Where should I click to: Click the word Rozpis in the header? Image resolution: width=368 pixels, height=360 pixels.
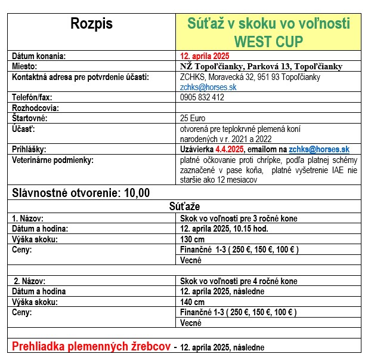tap(91, 24)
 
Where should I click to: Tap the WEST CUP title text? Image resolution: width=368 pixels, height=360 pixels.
tap(269, 42)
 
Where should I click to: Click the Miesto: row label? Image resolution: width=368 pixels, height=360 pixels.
tap(26, 66)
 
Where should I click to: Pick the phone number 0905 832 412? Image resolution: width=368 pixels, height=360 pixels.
tap(202, 97)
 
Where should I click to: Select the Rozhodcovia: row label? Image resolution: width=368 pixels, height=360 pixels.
tap(36, 108)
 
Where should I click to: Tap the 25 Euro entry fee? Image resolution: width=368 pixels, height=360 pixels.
tap(192, 118)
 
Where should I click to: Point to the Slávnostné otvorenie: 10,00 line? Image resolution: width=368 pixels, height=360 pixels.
tap(81, 192)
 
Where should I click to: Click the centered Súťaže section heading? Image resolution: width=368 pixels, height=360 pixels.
tap(184, 206)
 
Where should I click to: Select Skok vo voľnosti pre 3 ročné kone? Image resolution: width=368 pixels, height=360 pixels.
tap(239, 219)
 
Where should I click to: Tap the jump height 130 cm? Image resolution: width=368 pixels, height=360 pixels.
tap(192, 239)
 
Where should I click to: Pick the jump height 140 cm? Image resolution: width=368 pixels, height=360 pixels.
tap(192, 302)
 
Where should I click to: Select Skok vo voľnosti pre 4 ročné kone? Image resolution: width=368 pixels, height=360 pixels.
tap(239, 281)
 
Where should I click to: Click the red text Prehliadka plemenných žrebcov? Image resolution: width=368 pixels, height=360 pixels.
tap(92, 346)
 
